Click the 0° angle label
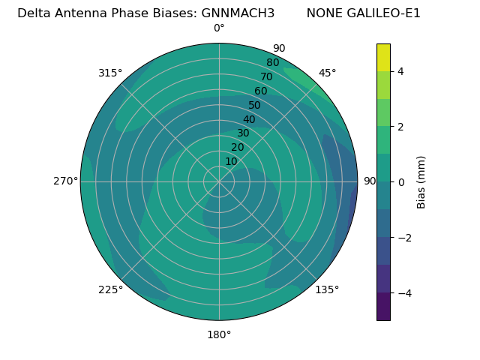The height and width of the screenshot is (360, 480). point(219,28)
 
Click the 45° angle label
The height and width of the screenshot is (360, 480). point(328,73)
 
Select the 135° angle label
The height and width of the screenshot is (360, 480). point(327,289)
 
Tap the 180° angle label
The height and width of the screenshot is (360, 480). point(219,334)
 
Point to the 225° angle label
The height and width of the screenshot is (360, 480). point(110,289)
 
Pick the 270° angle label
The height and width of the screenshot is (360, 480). point(65,181)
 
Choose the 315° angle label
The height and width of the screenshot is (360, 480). point(110,73)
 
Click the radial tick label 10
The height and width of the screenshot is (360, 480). point(231,161)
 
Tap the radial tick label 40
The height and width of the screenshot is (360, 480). point(249,119)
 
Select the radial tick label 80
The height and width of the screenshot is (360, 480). point(272,63)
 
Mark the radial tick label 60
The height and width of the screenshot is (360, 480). point(261,91)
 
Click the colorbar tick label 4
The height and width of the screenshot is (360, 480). point(401,71)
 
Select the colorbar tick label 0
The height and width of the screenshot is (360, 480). point(401,181)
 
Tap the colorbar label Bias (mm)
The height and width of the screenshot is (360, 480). point(421,181)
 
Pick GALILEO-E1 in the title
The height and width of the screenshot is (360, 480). point(384,13)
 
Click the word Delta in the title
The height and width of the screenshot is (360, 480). point(34,13)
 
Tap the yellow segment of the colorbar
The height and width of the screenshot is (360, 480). point(383,58)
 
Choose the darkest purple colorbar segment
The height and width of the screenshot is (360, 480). point(383,306)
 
